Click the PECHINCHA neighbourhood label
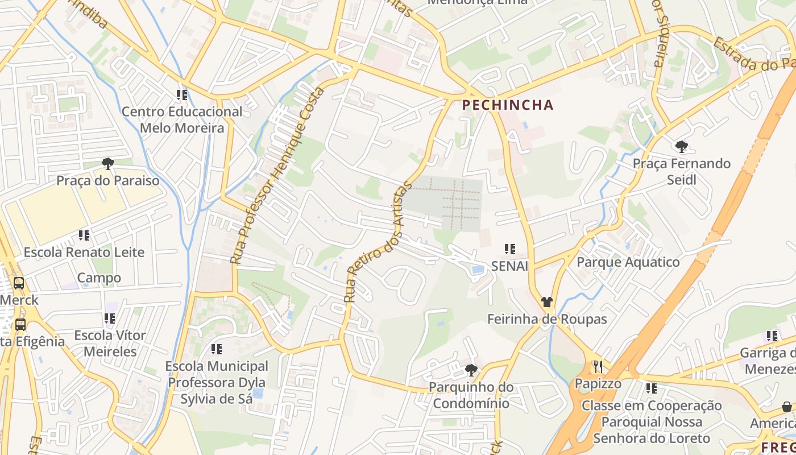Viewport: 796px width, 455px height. tap(508, 105)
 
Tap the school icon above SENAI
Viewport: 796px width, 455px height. tap(509, 249)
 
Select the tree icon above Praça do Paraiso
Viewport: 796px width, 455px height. tap(107, 164)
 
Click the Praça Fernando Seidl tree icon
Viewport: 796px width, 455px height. tap(681, 147)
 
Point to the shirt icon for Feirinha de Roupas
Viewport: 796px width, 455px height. tap(547, 302)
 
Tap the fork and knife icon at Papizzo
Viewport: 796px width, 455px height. tap(597, 366)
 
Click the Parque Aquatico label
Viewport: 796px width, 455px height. tap(628, 262)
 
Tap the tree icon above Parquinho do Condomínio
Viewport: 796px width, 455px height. tap(471, 370)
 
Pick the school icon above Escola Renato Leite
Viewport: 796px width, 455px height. tap(84, 235)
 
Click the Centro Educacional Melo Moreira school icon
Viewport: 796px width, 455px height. tap(182, 95)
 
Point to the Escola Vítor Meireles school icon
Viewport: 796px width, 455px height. tap(110, 318)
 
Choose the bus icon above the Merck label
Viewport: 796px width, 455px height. tap(19, 283)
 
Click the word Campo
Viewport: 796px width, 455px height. tap(99, 278)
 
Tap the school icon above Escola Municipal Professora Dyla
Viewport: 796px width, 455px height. tap(216, 349)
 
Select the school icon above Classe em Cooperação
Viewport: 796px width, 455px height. tap(651, 388)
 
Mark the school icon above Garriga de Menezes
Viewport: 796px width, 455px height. tap(772, 336)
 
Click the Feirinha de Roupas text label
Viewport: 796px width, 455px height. tap(547, 319)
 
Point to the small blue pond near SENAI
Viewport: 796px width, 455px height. tap(478, 270)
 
